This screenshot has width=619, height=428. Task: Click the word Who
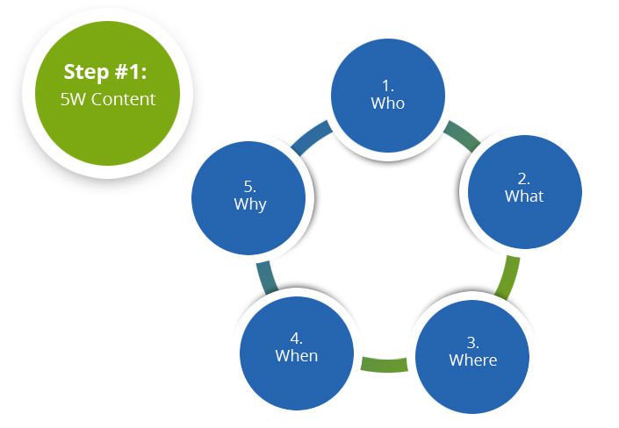point(388,103)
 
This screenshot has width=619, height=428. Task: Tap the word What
point(524,196)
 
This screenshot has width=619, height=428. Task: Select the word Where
point(473,360)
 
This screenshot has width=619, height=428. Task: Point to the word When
point(297,356)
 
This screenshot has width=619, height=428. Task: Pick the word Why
point(250,204)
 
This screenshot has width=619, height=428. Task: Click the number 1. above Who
point(388,86)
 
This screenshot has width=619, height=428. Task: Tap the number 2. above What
point(524,179)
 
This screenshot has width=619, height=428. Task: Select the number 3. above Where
point(473,342)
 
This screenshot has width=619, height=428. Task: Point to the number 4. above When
point(297,339)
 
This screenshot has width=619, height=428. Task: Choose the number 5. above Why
point(250,186)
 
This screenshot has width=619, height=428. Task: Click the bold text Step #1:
point(105,72)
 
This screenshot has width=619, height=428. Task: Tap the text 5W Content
point(108,99)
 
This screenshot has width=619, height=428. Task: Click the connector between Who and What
point(462,136)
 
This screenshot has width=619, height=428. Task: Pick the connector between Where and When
point(384,364)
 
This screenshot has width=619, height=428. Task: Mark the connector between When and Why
point(267,278)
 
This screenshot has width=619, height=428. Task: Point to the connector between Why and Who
point(312,138)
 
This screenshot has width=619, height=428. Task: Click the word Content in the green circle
point(124,99)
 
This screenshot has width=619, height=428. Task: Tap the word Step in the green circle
point(86,73)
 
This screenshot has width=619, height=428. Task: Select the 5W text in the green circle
point(73,99)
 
